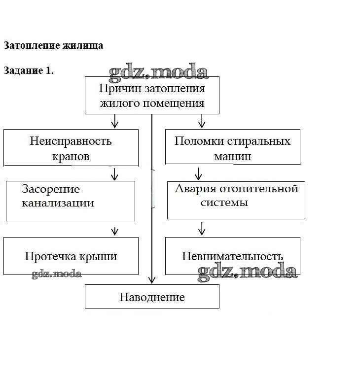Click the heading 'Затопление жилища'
(x=53, y=45)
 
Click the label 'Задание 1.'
(x=29, y=70)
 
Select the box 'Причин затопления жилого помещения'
(x=152, y=96)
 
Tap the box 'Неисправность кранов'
(x=71, y=148)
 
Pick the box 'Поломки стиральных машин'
(x=232, y=148)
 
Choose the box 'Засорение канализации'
(x=70, y=201)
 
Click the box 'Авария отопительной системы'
(x=236, y=200)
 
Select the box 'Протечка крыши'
(x=71, y=256)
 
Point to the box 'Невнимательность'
(x=232, y=256)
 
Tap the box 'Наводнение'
(x=152, y=297)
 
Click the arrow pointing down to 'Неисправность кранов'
(x=115, y=121)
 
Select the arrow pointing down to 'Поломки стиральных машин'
(x=201, y=121)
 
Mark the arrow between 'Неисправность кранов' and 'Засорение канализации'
(x=115, y=173)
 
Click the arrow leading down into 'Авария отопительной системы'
(x=199, y=173)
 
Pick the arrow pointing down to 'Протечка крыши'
(x=115, y=230)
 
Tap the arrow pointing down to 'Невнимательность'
(x=201, y=228)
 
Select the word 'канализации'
(x=58, y=203)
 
